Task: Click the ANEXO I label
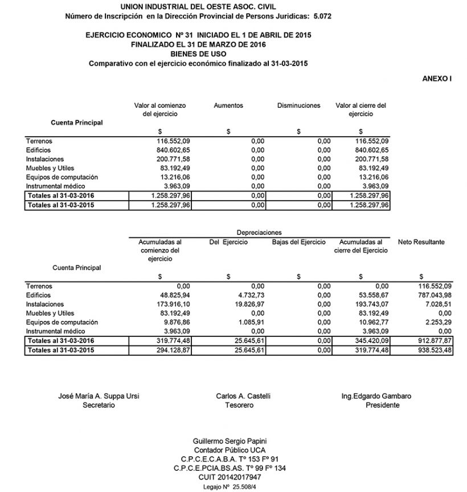pyautogui.click(x=437, y=79)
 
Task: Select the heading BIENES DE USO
pyautogui.click(x=198, y=54)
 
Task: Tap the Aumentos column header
pyautogui.click(x=228, y=105)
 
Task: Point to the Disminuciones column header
pyautogui.click(x=298, y=105)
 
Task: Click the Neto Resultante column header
pyautogui.click(x=421, y=242)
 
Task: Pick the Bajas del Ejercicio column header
pyautogui.click(x=298, y=242)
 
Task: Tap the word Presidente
pyautogui.click(x=383, y=405)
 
